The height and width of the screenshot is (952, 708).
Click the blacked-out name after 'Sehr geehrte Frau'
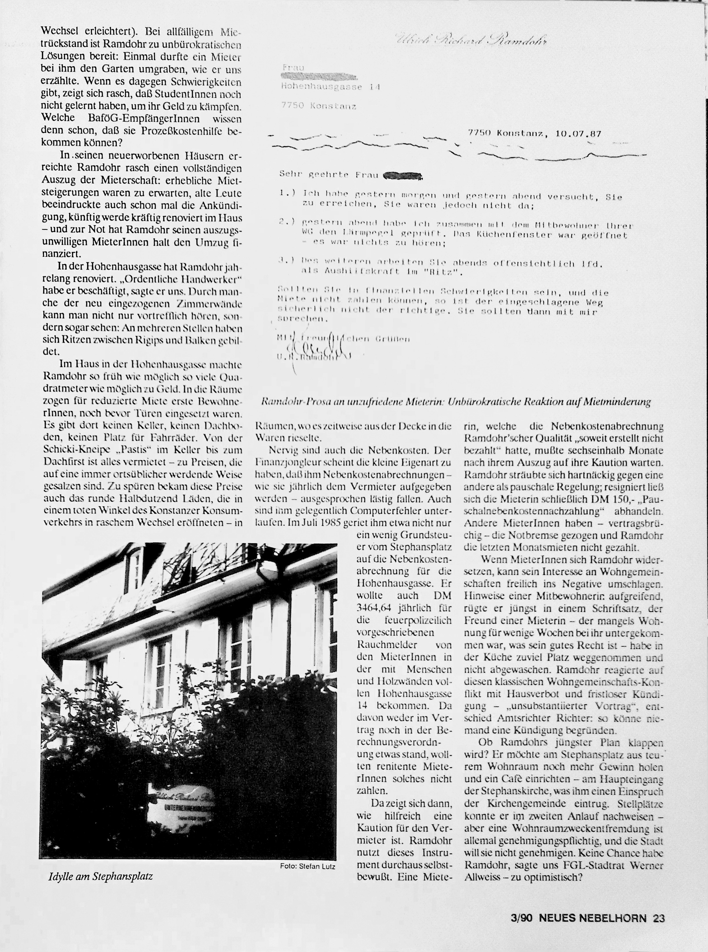point(403,175)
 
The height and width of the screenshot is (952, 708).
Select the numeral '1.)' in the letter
point(287,193)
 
